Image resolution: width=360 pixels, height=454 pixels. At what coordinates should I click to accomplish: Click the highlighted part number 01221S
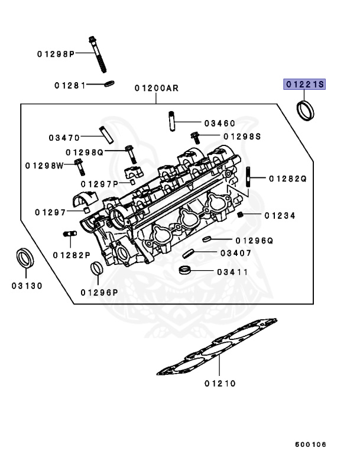(305, 85)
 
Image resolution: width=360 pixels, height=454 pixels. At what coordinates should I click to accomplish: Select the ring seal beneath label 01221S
(306, 111)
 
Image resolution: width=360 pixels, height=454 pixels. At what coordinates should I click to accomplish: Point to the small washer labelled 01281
(109, 84)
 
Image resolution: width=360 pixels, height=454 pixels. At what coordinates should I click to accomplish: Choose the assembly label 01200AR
(156, 89)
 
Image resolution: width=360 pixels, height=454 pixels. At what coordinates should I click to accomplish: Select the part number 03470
(64, 138)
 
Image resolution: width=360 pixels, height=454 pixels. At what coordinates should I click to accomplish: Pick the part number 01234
(280, 216)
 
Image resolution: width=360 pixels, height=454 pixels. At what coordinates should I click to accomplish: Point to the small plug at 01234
(241, 215)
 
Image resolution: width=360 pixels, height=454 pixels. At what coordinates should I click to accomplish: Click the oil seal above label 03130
(25, 259)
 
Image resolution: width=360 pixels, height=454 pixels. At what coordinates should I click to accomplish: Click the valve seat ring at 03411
(185, 271)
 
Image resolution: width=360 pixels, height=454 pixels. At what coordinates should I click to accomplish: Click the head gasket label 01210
(220, 384)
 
